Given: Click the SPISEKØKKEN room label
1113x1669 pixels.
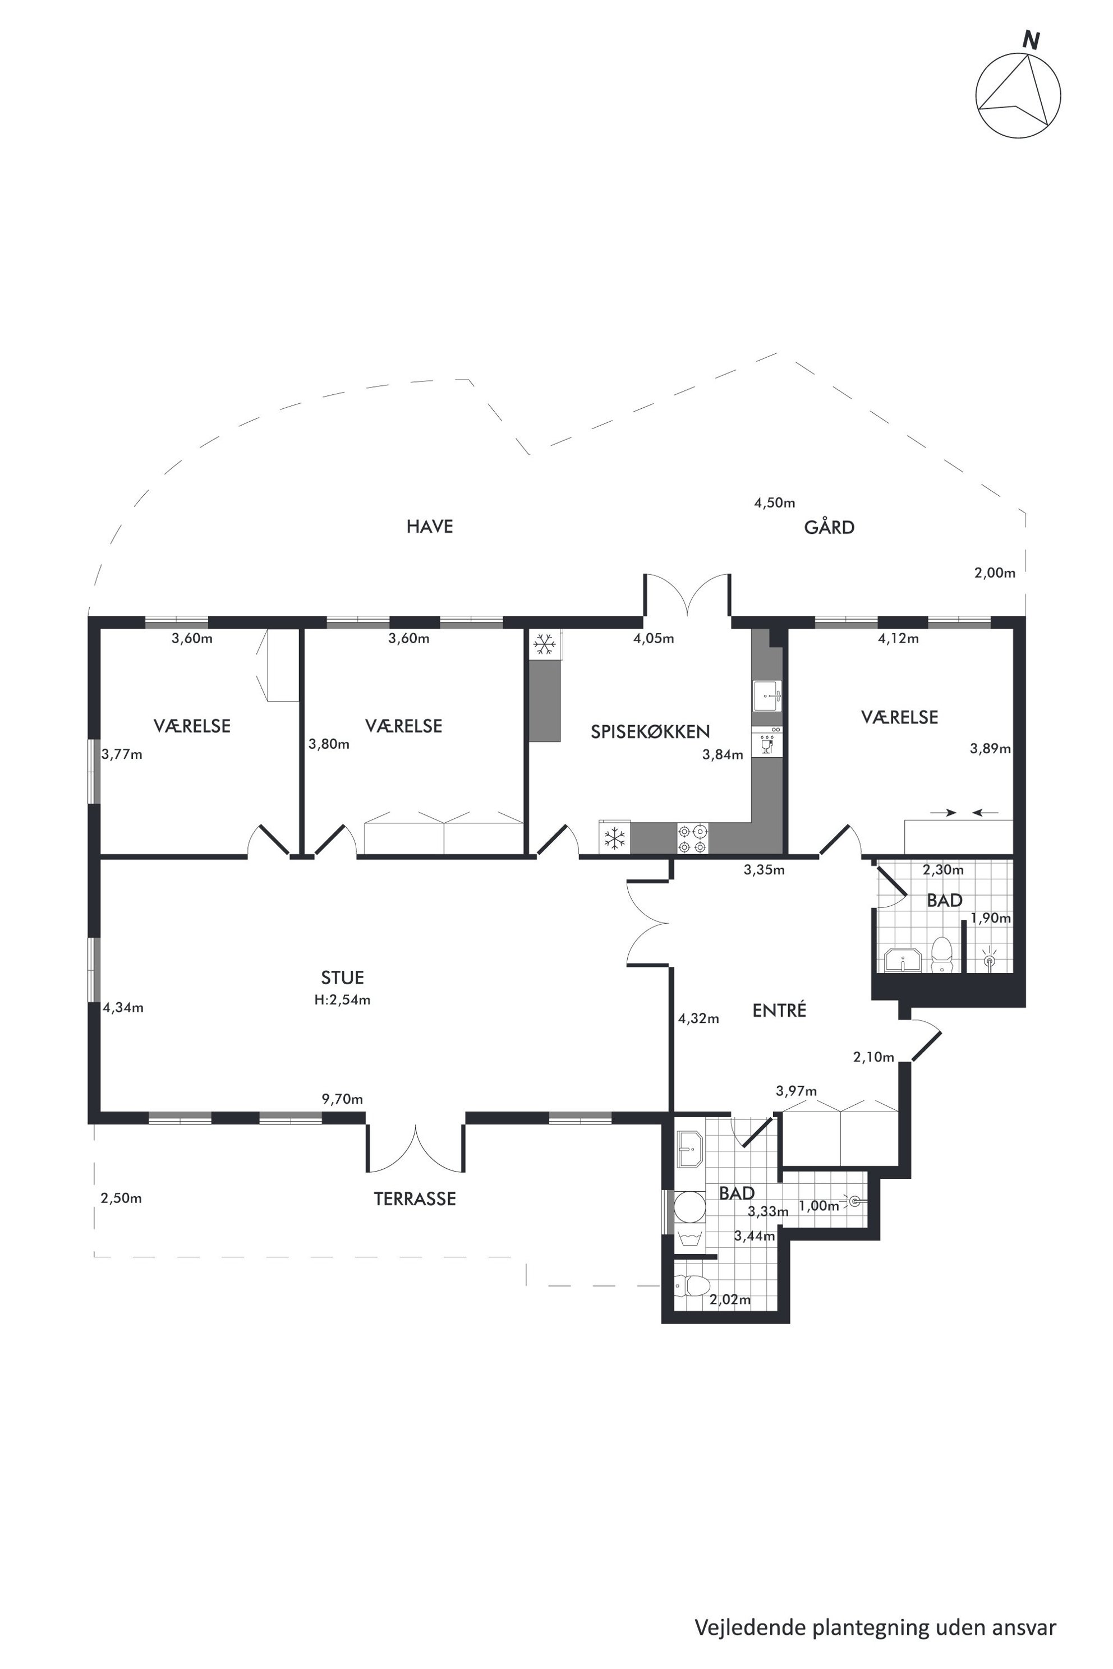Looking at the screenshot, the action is tap(650, 732).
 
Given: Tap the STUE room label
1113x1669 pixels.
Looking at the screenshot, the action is tap(342, 977).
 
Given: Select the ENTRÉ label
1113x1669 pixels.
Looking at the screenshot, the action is tap(779, 1010).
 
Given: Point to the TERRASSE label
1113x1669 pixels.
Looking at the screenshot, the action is tap(415, 1198).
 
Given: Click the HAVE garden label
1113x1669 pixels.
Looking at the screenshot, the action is tap(430, 526).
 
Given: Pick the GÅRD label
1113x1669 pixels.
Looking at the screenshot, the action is tap(829, 527).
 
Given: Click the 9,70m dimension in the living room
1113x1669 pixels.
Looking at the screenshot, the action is tap(342, 1099).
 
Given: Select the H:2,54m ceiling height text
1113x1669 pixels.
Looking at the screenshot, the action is tap(343, 1000).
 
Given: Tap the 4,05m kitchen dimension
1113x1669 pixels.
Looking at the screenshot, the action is tap(653, 638).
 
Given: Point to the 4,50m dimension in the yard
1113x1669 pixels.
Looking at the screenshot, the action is tap(774, 502).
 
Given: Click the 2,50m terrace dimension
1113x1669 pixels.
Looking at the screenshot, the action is tap(121, 1198).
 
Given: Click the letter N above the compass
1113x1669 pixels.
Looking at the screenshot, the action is tap(1031, 40).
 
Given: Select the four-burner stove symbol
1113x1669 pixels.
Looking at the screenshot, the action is tap(692, 837).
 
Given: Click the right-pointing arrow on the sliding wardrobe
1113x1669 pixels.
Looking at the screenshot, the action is tap(942, 813).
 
